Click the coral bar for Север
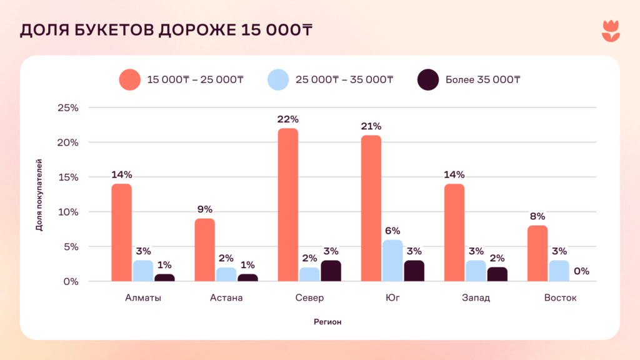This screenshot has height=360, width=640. tap(288, 205)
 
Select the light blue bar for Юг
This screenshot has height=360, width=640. tap(392, 261)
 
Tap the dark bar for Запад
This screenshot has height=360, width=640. tap(497, 274)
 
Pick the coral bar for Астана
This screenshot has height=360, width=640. tap(205, 250)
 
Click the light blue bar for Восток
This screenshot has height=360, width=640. tap(559, 271)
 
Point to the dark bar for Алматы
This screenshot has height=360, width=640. tap(164, 277)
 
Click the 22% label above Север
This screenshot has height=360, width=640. tap(288, 119)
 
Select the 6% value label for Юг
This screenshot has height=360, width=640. tap(392, 231)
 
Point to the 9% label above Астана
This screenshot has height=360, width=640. tap(205, 209)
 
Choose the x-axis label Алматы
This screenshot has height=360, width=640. tap(143, 297)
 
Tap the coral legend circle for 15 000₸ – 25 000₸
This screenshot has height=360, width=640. tap(129, 79)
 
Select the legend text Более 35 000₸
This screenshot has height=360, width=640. tap(483, 79)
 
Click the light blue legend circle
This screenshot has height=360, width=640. tap(278, 79)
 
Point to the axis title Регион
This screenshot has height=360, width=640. tap(327, 322)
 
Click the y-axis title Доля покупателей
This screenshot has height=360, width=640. tap(39, 195)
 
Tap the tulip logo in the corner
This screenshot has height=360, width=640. tap(611, 31)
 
